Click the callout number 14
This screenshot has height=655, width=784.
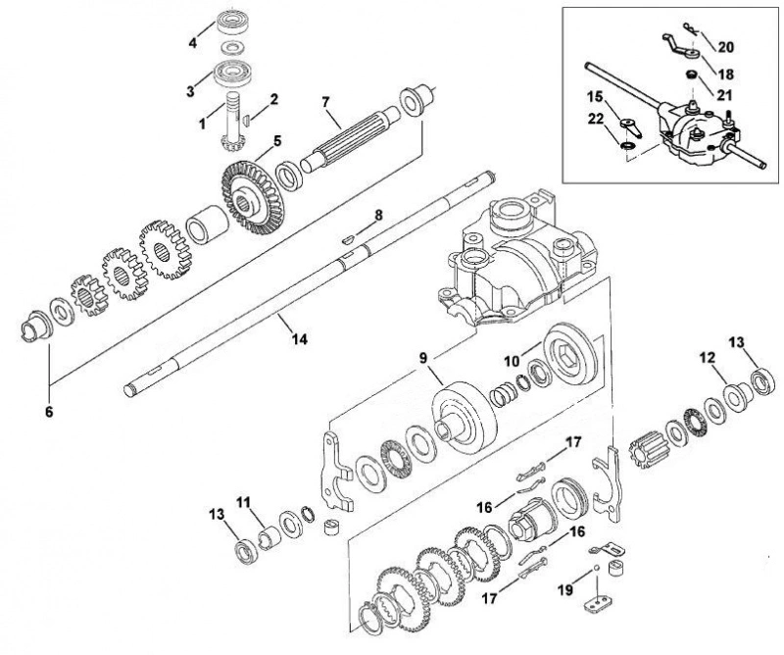pyautogui.click(x=299, y=338)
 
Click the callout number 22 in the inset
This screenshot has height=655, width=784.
pyautogui.click(x=596, y=119)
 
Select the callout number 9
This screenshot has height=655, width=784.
pyautogui.click(x=423, y=357)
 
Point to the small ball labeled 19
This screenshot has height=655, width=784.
pyautogui.click(x=596, y=568)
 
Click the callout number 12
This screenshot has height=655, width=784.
pyautogui.click(x=708, y=357)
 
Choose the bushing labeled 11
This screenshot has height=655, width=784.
pyautogui.click(x=270, y=539)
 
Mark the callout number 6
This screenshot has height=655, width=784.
pyautogui.click(x=49, y=412)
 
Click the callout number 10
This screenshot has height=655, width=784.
pyautogui.click(x=512, y=360)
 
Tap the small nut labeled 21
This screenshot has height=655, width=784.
pyautogui.click(x=692, y=75)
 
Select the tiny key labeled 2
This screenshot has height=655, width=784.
pyautogui.click(x=246, y=120)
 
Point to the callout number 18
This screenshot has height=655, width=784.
pyautogui.click(x=725, y=74)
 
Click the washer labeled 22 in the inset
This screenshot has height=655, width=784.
pyautogui.click(x=627, y=146)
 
